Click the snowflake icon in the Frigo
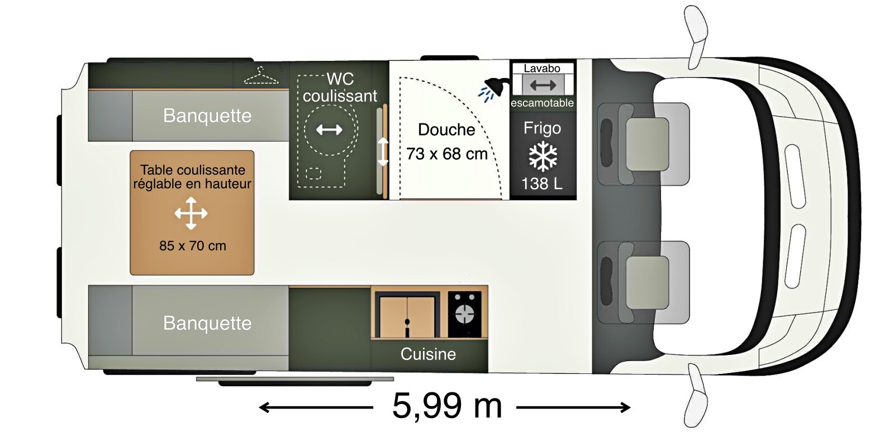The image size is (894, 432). (x=543, y=157)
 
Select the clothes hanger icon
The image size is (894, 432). (x=261, y=76)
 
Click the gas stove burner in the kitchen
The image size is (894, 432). (x=464, y=314)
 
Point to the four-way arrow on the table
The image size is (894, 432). (x=191, y=213)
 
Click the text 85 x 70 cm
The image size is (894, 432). (x=193, y=246)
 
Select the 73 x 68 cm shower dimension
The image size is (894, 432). (x=447, y=154)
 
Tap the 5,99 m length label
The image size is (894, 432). (x=447, y=406)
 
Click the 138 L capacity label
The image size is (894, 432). (x=542, y=184)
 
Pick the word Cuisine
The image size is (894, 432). (x=428, y=354)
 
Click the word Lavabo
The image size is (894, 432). (x=542, y=69)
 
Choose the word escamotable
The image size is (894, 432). (x=543, y=103)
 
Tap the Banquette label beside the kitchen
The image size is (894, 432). (x=207, y=323)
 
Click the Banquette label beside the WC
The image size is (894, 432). (x=207, y=116)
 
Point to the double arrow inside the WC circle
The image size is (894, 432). (x=329, y=129)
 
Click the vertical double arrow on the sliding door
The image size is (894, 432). (x=383, y=151)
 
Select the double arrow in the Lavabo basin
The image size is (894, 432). (x=543, y=85)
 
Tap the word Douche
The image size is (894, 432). (x=446, y=130)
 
